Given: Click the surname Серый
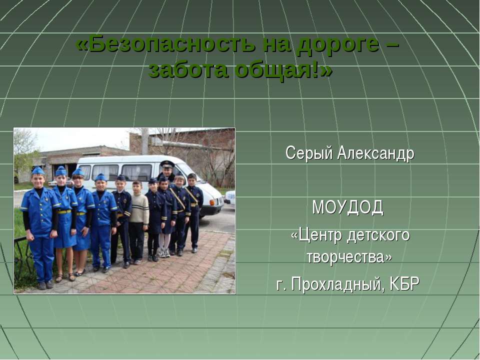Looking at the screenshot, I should [309, 153].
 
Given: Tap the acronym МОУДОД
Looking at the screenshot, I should [348, 207].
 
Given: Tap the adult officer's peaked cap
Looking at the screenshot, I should [167, 164].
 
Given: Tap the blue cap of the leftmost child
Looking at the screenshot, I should [38, 170].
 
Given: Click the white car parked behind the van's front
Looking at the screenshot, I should [229, 197].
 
